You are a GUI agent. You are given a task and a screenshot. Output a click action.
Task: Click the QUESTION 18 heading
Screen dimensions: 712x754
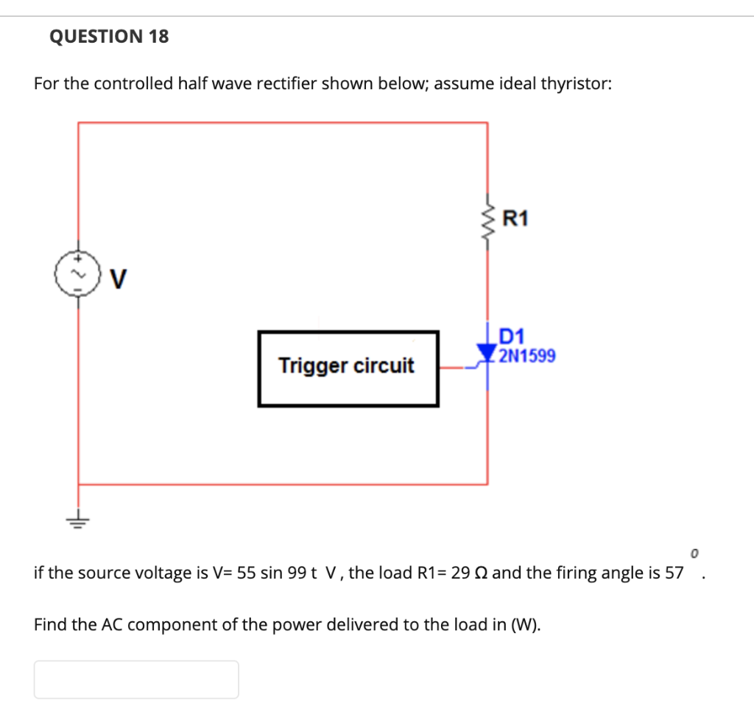(x=109, y=36)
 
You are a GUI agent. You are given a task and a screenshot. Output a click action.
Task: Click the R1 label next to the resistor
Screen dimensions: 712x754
(x=515, y=218)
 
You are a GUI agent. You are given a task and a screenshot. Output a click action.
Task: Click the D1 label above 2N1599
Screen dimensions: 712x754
(x=511, y=337)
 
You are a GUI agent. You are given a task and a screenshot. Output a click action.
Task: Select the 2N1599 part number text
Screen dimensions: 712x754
(x=527, y=357)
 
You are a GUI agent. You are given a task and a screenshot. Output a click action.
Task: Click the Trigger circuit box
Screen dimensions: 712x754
(x=348, y=368)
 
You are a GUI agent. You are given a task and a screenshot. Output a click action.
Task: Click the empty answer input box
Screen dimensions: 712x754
(x=136, y=679)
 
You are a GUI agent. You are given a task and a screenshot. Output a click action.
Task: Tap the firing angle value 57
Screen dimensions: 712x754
(x=674, y=573)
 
